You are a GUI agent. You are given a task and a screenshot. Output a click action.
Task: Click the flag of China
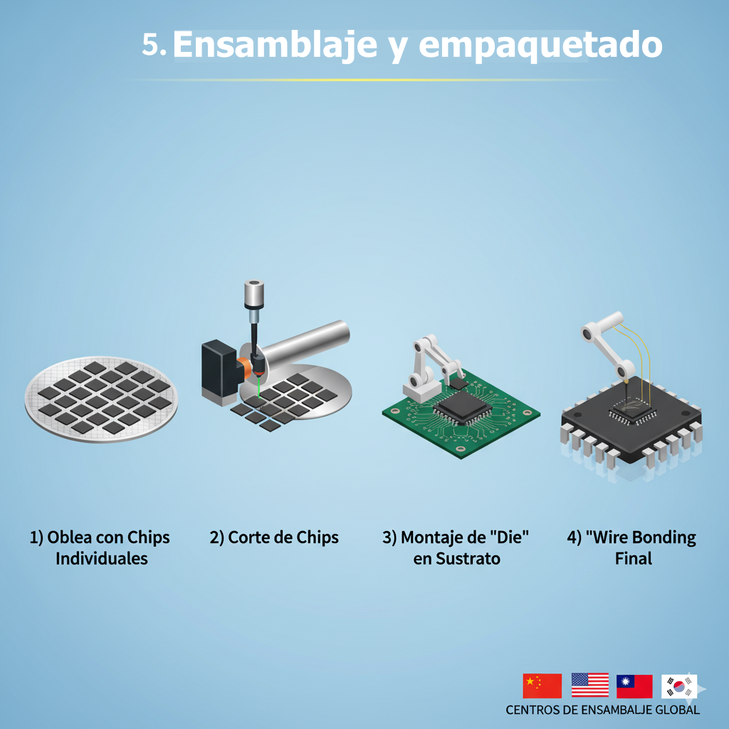(542, 686)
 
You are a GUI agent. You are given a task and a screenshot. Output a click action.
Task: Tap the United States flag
(590, 685)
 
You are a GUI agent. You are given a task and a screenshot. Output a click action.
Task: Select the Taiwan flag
(634, 686)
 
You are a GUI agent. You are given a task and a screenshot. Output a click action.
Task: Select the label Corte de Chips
(274, 537)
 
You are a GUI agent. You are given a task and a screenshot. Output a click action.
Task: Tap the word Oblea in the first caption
(69, 537)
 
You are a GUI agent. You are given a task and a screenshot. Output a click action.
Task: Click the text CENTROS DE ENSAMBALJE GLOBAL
(602, 710)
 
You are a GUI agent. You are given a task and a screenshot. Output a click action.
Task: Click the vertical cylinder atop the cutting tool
(254, 294)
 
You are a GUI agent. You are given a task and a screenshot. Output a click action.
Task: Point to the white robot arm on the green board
(431, 367)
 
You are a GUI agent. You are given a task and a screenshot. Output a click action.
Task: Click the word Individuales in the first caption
(101, 558)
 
